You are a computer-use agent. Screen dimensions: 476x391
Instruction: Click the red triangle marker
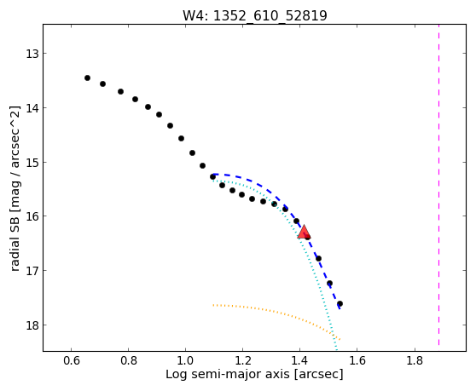[304, 232]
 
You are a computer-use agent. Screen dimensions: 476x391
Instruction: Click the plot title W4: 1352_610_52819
[255, 15]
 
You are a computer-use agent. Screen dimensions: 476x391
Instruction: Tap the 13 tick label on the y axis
[32, 54]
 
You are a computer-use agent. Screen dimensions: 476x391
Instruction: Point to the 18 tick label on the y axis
[32, 325]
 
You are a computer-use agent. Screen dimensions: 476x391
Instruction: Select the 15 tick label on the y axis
[32, 163]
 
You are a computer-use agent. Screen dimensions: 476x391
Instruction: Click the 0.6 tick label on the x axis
[72, 360]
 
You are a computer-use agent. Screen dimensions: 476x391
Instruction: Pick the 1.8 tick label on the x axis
[415, 360]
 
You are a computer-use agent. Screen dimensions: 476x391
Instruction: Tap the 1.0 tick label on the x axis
[185, 360]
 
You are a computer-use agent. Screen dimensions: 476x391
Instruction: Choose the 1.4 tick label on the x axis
[300, 360]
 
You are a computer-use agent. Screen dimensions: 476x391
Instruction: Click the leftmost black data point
[87, 78]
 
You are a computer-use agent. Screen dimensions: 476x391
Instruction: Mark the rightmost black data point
[340, 304]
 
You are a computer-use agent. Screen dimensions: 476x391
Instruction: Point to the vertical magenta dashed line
[439, 185]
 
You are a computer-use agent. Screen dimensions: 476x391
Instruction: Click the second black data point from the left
[103, 83]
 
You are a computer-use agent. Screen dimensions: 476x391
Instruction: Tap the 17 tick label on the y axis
[32, 270]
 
